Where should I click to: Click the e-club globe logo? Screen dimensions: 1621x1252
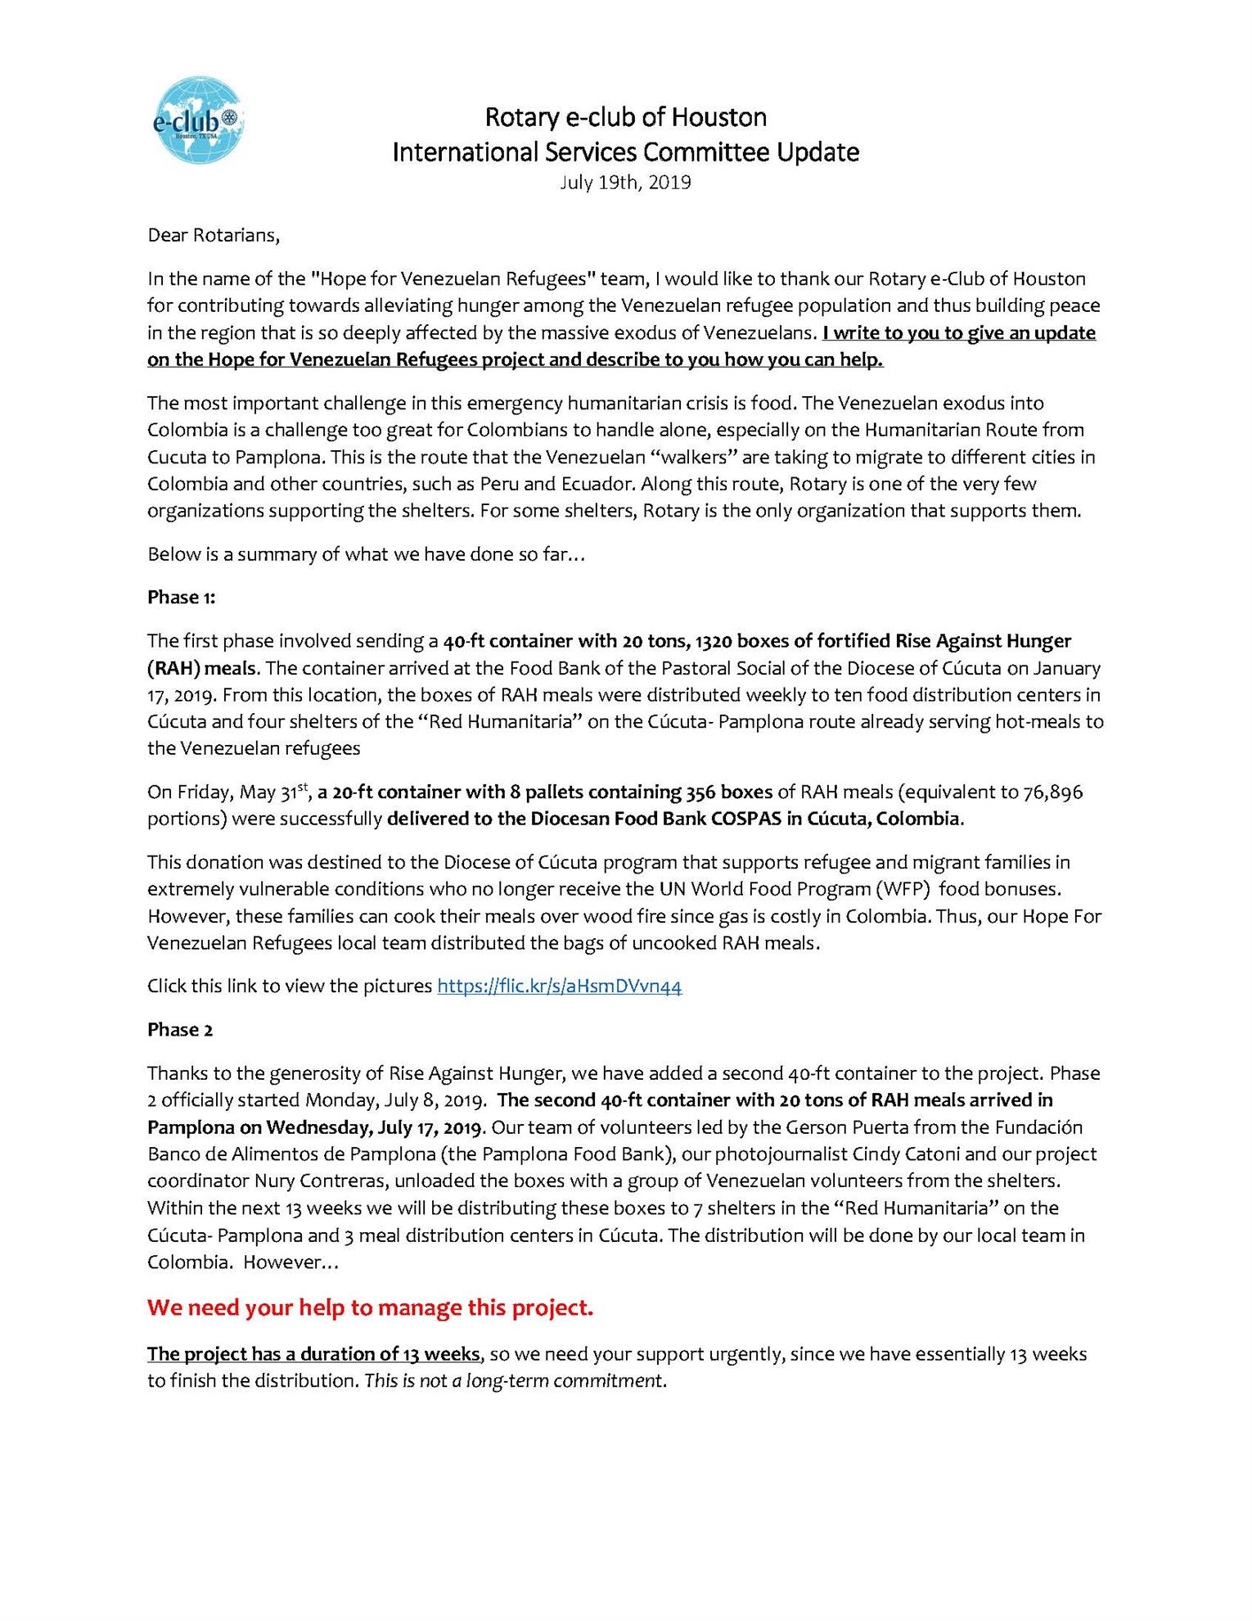pyautogui.click(x=199, y=120)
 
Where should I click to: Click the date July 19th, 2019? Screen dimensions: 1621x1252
pyautogui.click(x=625, y=183)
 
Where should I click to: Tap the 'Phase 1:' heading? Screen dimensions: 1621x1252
pyautogui.click(x=182, y=597)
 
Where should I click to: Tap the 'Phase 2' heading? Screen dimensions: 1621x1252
pyautogui.click(x=180, y=1029)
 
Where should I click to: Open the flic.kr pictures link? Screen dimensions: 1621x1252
pyautogui.click(x=560, y=986)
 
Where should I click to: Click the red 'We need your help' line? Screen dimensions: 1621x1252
pyautogui.click(x=370, y=1307)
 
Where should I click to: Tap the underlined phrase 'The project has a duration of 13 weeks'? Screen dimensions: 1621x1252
pyautogui.click(x=314, y=1353)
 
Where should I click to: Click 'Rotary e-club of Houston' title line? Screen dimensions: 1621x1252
pyautogui.click(x=625, y=117)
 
